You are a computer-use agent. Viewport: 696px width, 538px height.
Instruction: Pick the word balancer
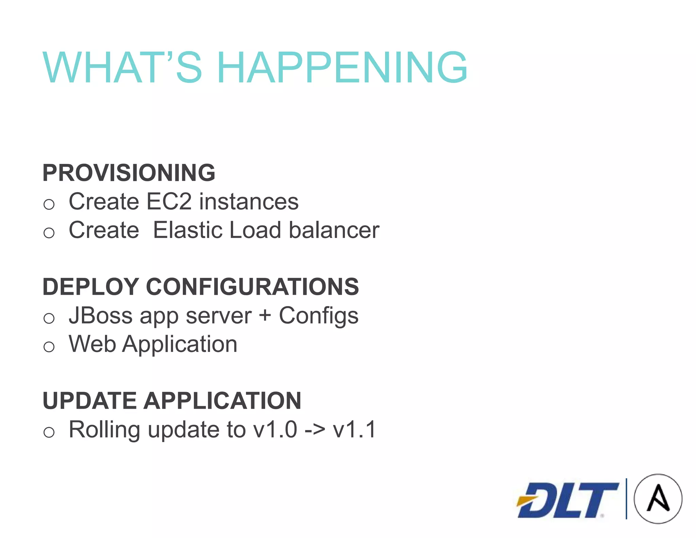(334, 230)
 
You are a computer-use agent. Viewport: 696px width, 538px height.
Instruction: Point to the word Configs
(318, 316)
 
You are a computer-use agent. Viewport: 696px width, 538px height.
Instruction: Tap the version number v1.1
(354, 430)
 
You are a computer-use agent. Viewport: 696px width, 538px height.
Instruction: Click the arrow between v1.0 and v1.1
(315, 430)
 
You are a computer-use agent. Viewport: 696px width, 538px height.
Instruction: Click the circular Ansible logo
(658, 499)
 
